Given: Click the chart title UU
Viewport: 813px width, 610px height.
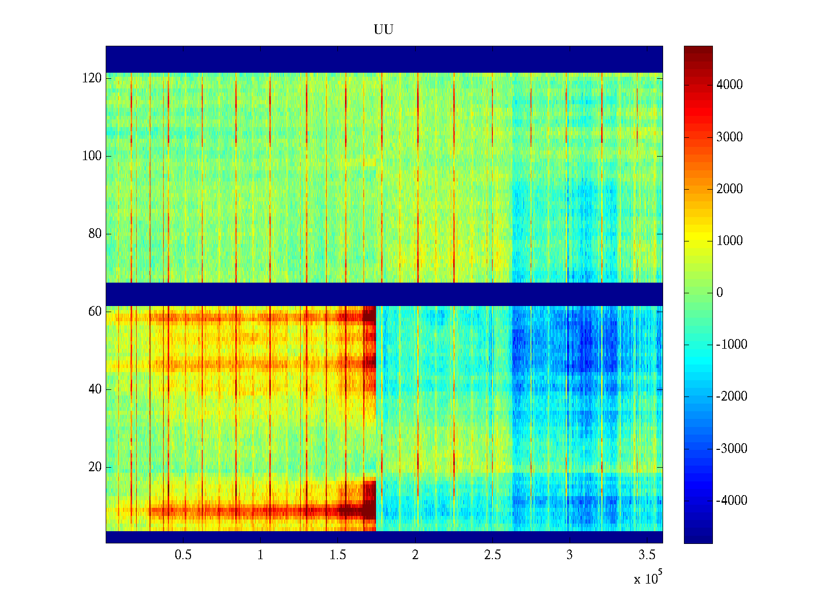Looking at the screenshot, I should (x=384, y=30).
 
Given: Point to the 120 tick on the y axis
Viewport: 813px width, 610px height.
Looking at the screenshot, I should (x=92, y=78).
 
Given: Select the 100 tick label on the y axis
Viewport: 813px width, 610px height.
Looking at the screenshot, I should (x=92, y=156).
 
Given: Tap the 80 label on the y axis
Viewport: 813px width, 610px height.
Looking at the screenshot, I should (x=95, y=234).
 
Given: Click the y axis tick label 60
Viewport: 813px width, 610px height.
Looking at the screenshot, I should (x=95, y=312).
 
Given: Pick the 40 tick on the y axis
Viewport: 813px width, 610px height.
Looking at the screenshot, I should (x=95, y=389).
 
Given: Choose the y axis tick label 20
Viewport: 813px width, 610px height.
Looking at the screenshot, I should (x=95, y=467).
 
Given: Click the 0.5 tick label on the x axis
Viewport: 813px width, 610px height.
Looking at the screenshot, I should (x=183, y=555).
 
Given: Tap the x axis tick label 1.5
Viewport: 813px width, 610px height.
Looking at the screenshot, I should (x=338, y=555).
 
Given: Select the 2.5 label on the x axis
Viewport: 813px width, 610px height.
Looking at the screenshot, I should (x=492, y=555).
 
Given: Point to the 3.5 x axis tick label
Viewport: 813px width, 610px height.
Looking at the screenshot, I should (x=647, y=555).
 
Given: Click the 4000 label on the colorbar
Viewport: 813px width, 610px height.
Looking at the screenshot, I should (x=730, y=85).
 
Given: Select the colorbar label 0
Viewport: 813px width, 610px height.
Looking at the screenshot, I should (x=720, y=293).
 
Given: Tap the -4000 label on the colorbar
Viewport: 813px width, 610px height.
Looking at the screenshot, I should (x=732, y=501).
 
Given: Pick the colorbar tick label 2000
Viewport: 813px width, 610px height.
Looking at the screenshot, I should (x=730, y=189).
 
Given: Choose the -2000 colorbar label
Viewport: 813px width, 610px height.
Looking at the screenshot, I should (x=732, y=396).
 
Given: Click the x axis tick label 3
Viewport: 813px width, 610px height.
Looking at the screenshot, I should (x=570, y=555).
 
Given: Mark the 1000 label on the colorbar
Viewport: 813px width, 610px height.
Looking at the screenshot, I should (x=730, y=241).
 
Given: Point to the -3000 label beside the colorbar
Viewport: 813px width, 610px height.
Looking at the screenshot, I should (x=732, y=449).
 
